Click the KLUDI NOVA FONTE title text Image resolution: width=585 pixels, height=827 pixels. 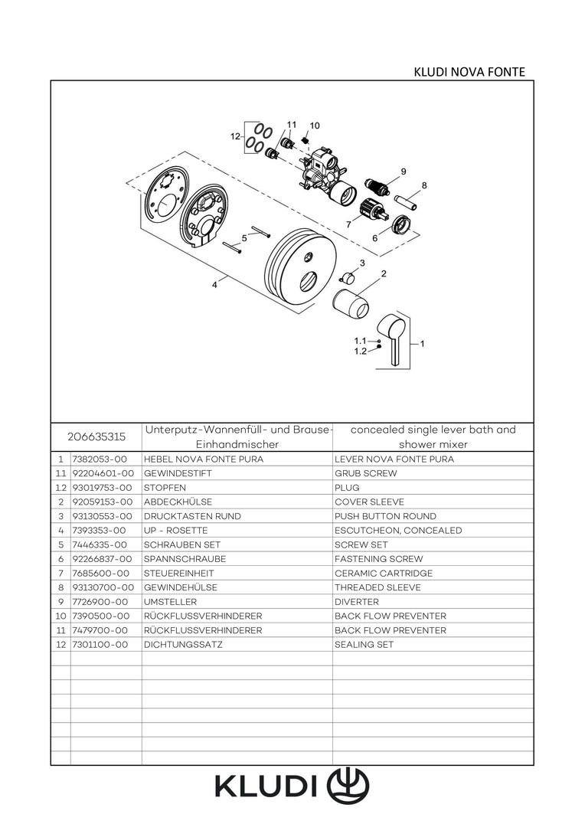[x=469, y=72]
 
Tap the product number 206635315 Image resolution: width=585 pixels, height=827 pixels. [x=96, y=437]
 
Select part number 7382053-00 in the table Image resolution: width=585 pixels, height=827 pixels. [x=99, y=459]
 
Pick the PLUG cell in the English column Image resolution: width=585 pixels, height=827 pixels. [x=347, y=488]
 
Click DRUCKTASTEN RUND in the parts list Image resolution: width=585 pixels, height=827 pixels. [x=192, y=517]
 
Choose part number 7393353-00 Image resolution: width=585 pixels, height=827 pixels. [x=99, y=531]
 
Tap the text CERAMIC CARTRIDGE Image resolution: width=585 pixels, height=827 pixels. [x=384, y=574]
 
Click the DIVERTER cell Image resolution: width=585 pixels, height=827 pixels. [x=357, y=602]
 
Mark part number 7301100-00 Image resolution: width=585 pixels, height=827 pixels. [x=100, y=645]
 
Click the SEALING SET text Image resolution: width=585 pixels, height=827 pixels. [x=364, y=645]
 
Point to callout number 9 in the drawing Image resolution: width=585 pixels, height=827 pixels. [x=403, y=171]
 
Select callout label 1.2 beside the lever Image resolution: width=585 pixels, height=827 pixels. [x=360, y=351]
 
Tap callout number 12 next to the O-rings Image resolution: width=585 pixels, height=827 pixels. [x=236, y=136]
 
